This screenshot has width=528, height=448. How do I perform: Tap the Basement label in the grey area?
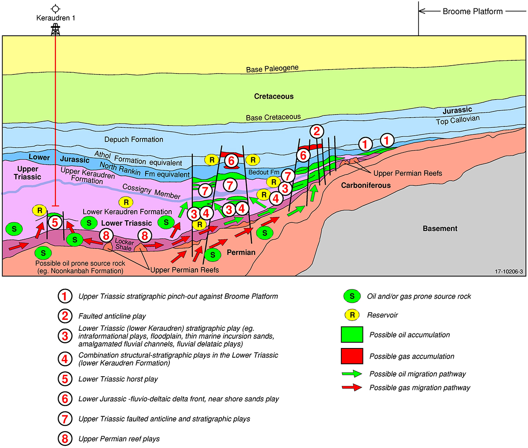pyautogui.click(x=440, y=228)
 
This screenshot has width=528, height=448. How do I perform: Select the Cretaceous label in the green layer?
pyautogui.click(x=274, y=96)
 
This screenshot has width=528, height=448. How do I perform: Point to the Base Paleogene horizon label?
pyautogui.click(x=272, y=69)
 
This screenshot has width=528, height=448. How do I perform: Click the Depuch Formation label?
pyautogui.click(x=134, y=139)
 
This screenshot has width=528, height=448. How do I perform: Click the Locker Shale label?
pyautogui.click(x=124, y=245)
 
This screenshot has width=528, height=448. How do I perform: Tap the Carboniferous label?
pyautogui.click(x=366, y=185)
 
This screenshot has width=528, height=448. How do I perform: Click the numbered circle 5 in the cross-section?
pyautogui.click(x=55, y=222)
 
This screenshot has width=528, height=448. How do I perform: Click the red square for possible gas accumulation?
pyautogui.click(x=352, y=356)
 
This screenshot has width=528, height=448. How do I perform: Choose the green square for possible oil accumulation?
pyautogui.click(x=352, y=335)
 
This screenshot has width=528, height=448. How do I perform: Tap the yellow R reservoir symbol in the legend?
pyautogui.click(x=352, y=315)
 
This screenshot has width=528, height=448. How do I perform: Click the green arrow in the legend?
pyautogui.click(x=352, y=374)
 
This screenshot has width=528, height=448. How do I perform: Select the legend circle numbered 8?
pyautogui.click(x=65, y=439)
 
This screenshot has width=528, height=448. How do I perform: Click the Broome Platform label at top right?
pyautogui.click(x=472, y=11)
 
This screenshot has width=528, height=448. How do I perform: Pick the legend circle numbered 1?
pyautogui.click(x=65, y=296)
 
